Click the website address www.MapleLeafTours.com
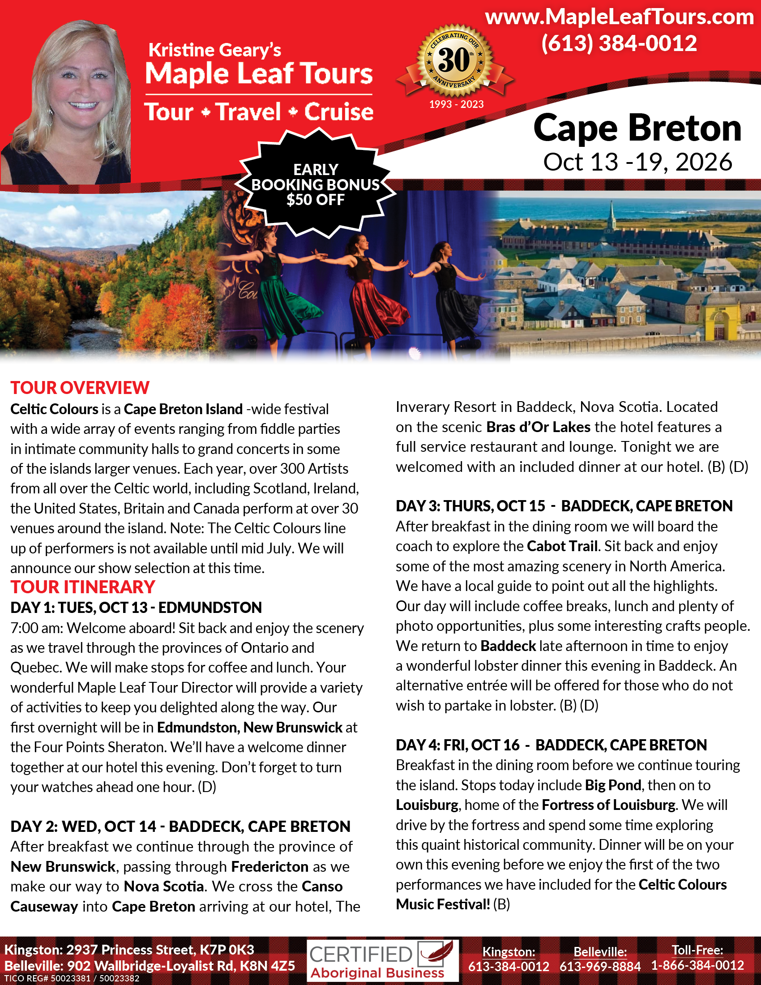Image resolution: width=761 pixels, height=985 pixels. pos(619,17)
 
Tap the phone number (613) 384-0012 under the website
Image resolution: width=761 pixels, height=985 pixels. pos(619,44)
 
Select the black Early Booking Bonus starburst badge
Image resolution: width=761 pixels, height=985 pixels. pos(316,184)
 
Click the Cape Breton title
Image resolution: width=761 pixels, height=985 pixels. pos(637,128)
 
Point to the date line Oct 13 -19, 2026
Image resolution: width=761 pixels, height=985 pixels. pos(637,162)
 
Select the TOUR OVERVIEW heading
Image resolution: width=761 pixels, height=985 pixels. pos(80,388)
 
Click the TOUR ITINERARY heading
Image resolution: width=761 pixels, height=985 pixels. pos(83,587)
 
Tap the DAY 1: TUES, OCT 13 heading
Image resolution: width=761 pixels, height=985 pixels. pos(136,608)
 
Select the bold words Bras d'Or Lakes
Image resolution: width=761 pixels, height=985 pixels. pos(538,427)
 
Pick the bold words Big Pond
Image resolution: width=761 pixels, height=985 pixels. pos(613,785)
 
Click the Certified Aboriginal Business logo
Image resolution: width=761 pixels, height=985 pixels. pos(382,961)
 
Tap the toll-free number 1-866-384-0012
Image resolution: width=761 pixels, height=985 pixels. pos(697,966)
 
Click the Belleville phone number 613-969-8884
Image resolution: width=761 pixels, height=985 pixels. pos(600,967)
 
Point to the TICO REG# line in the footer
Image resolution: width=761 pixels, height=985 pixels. pos(72,979)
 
